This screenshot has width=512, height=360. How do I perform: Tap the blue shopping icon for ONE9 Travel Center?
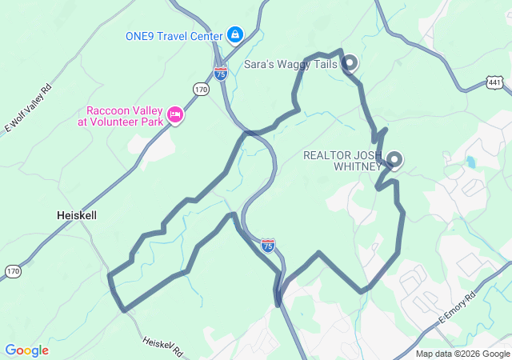click(235, 34)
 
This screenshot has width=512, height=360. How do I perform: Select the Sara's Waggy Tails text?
click(290, 64)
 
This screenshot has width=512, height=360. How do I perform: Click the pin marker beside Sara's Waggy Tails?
click(349, 62)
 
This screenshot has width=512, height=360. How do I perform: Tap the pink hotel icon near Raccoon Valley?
click(175, 117)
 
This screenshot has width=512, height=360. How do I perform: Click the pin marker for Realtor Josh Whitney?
click(394, 159)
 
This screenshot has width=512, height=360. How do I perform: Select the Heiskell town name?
click(78, 215)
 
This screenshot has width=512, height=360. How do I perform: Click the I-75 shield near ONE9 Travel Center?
click(221, 73)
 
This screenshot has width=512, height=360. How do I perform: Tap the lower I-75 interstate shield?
click(268, 245)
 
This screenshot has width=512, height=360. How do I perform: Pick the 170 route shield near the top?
click(201, 90)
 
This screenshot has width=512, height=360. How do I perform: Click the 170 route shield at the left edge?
click(12, 272)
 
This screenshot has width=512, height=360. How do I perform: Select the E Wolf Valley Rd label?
click(28, 106)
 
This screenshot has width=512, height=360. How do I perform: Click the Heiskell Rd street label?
click(163, 346)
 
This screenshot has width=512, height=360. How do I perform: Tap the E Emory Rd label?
click(457, 309)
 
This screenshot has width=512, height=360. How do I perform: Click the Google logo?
click(26, 350)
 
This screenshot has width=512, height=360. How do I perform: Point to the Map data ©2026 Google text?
click(462, 354)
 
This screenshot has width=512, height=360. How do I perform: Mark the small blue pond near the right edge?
click(470, 162)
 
